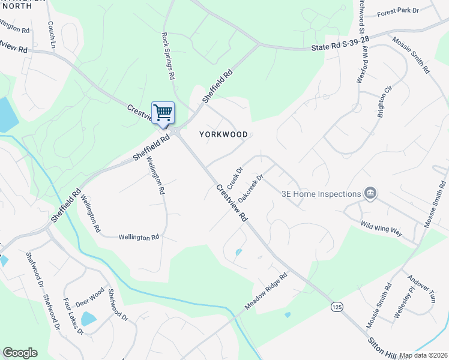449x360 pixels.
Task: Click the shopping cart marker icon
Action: tap(163, 113)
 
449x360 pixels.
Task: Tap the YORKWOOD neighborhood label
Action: tap(223, 134)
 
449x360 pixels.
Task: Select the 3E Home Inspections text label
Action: tap(321, 193)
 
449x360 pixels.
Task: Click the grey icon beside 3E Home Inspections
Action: tap(370, 193)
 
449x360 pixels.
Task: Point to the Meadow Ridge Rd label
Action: tap(266, 292)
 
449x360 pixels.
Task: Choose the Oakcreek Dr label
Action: tap(251, 188)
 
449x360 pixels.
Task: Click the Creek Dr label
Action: tap(234, 176)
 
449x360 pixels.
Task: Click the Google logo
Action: tap(20, 352)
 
